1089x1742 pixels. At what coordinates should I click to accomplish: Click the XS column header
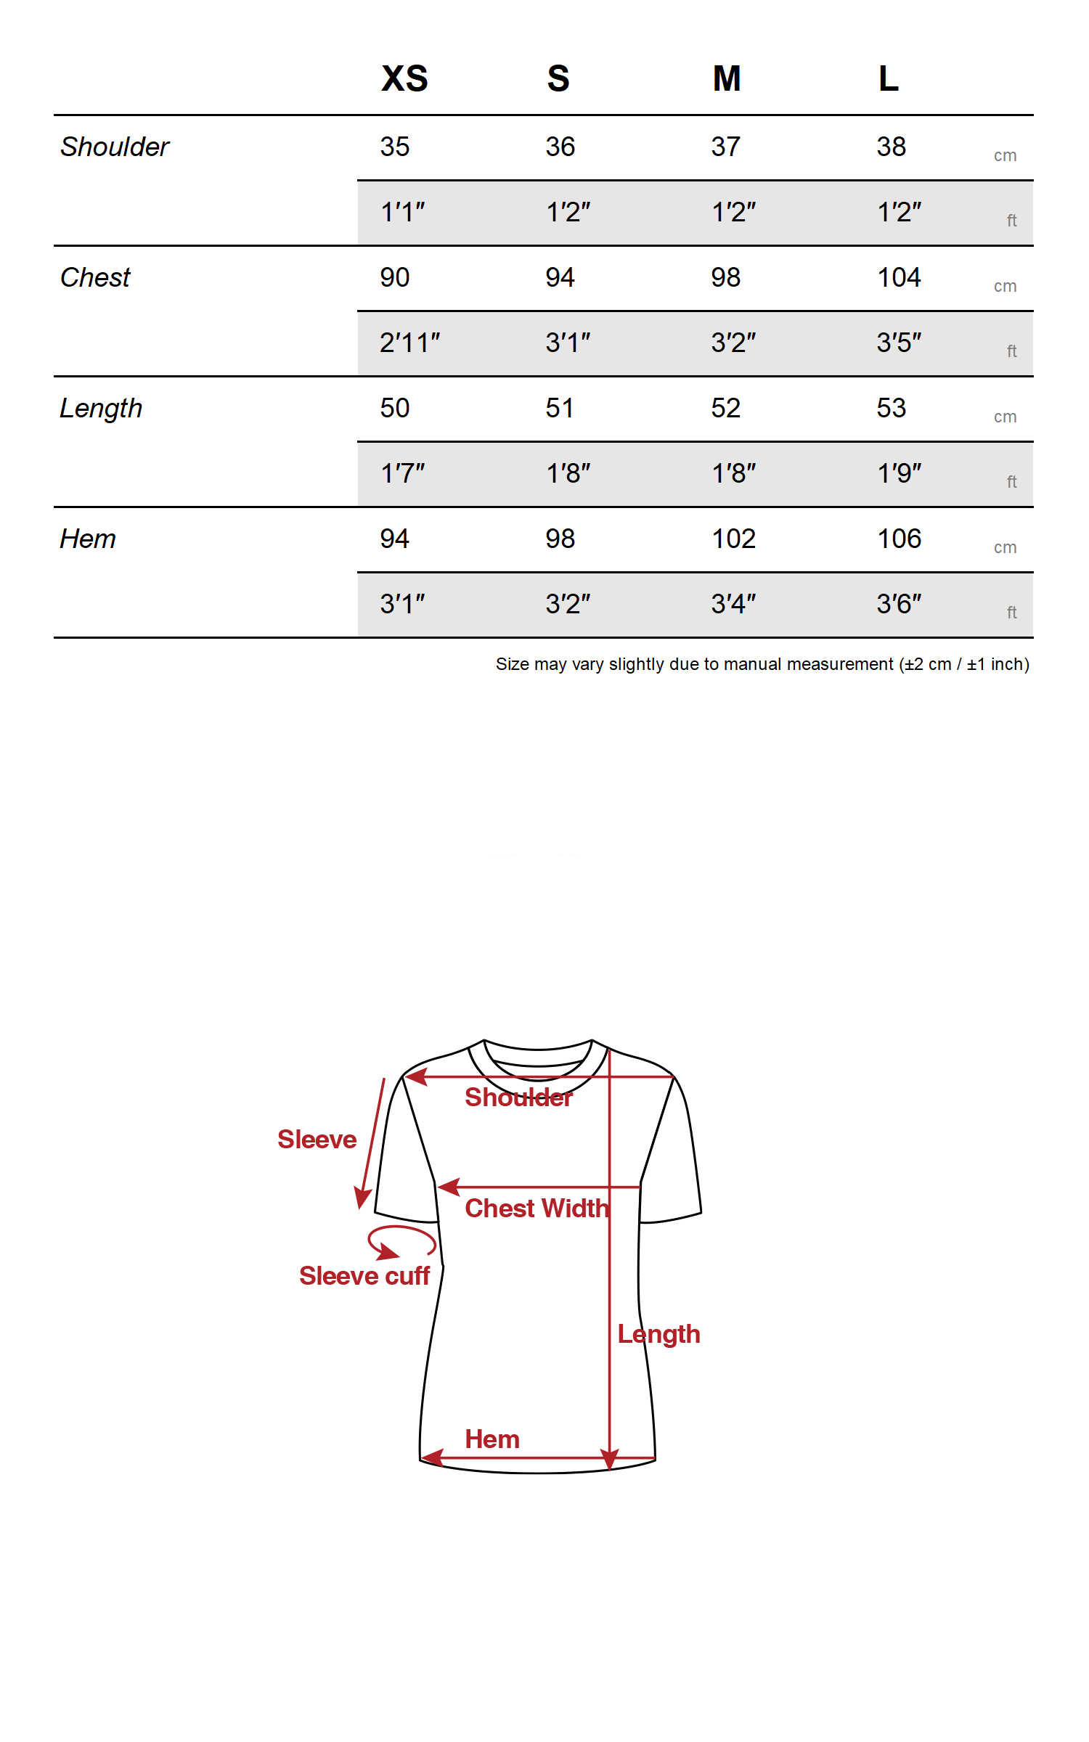click(404, 78)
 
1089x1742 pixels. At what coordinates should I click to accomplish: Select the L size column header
click(889, 78)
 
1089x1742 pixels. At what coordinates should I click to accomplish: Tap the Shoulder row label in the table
click(115, 147)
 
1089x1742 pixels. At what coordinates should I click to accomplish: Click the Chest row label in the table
click(95, 277)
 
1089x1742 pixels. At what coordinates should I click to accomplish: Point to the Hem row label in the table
click(88, 539)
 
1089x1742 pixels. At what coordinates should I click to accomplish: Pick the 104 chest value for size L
click(899, 277)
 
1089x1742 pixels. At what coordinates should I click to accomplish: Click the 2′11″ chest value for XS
click(409, 343)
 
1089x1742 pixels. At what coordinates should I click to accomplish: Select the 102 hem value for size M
click(733, 539)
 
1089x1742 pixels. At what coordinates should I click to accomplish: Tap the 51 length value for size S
click(560, 408)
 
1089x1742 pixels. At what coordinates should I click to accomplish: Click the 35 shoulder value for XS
click(395, 147)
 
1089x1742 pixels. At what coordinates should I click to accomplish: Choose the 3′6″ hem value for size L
click(899, 604)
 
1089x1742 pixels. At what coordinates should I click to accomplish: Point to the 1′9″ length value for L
click(899, 473)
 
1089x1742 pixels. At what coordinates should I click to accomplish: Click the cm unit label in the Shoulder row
click(1005, 155)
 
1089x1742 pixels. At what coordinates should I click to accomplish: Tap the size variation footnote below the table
click(762, 664)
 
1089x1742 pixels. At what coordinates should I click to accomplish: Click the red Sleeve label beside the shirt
click(317, 1140)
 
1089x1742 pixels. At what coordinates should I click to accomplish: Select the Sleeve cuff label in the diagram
click(364, 1276)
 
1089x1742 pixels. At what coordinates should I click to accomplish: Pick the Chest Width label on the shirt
click(537, 1209)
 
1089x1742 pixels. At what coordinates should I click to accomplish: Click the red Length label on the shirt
click(658, 1334)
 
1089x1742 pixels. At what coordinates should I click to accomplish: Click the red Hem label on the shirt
click(492, 1439)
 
